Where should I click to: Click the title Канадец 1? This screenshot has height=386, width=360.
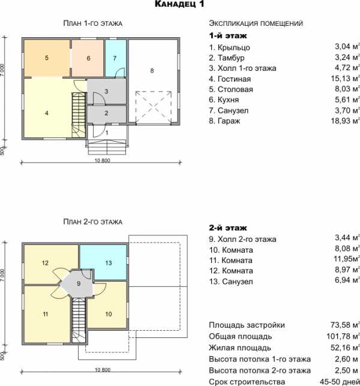[179, 4]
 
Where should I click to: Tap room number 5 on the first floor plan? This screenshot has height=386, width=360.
[47, 58]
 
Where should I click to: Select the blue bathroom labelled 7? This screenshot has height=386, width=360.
[115, 58]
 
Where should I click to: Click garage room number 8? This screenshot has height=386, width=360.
[152, 71]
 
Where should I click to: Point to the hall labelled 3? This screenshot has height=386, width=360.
[106, 91]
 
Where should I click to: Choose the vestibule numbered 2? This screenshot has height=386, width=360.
[106, 113]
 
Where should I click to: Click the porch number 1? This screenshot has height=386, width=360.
[107, 133]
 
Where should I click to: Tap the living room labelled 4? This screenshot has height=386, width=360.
[47, 113]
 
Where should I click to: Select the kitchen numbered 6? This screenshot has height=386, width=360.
[88, 58]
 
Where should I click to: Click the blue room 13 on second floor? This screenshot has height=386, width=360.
[109, 263]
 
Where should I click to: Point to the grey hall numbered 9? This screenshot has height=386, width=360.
[79, 283]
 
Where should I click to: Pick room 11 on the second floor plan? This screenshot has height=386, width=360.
[46, 314]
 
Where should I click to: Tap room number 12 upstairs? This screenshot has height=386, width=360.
[45, 263]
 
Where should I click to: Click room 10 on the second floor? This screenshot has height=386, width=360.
[109, 314]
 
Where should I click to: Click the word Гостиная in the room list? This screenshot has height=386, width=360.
[234, 79]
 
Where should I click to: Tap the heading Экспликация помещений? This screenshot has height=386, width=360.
[256, 23]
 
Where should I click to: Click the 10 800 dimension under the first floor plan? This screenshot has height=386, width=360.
[103, 160]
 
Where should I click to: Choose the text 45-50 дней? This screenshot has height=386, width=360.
[340, 382]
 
